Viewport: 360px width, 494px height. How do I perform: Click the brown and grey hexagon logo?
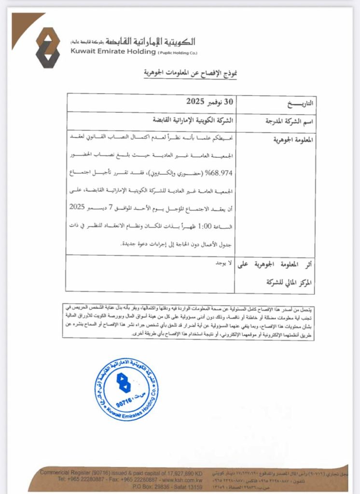(47, 47)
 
